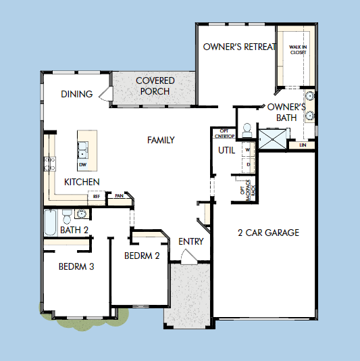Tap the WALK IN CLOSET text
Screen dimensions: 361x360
299,49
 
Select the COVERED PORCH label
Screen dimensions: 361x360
155,86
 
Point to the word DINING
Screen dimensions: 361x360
76,94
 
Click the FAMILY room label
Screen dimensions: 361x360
161,140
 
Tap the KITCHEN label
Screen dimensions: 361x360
82,182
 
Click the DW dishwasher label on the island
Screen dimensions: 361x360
82,164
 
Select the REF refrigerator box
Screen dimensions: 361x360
97,197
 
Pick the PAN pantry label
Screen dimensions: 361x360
119,197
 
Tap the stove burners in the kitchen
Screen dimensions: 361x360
49,162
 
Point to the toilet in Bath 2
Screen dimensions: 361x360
66,216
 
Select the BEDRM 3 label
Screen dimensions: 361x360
76,266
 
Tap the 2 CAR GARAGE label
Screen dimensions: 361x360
268,233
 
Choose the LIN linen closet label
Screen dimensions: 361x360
301,145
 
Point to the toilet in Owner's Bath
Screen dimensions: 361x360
247,128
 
